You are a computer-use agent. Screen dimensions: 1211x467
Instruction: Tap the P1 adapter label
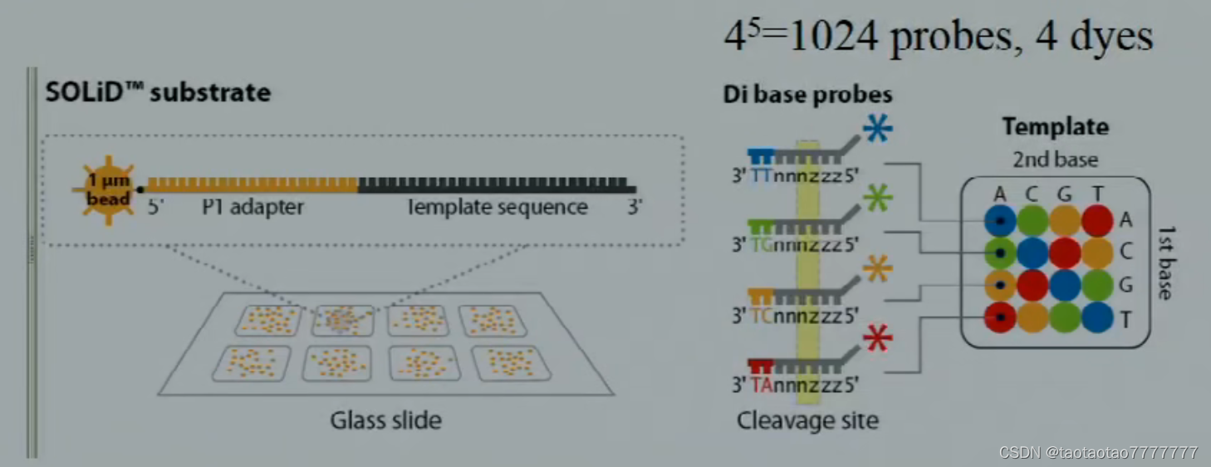pos(252,207)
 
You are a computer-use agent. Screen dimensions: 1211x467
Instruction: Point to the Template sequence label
pos(498,207)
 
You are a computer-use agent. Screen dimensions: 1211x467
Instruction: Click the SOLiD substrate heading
pos(158,91)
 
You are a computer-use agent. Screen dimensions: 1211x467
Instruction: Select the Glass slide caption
pos(385,420)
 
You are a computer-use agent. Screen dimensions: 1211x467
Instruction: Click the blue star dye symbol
pos(878,129)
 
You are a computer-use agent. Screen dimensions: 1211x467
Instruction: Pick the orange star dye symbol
pos(878,268)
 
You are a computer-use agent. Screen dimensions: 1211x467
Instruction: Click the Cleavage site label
pos(807,420)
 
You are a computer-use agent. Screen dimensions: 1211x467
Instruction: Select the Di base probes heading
pos(807,95)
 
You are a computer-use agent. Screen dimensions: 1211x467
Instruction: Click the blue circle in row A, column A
pos(1000,220)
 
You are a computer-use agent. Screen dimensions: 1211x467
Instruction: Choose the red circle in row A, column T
pos(1097,220)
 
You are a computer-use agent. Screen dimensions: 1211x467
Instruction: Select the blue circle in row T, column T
pos(1097,317)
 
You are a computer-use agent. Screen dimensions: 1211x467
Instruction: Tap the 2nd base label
pos(1055,160)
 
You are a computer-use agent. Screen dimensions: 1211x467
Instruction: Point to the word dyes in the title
pos(1113,37)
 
